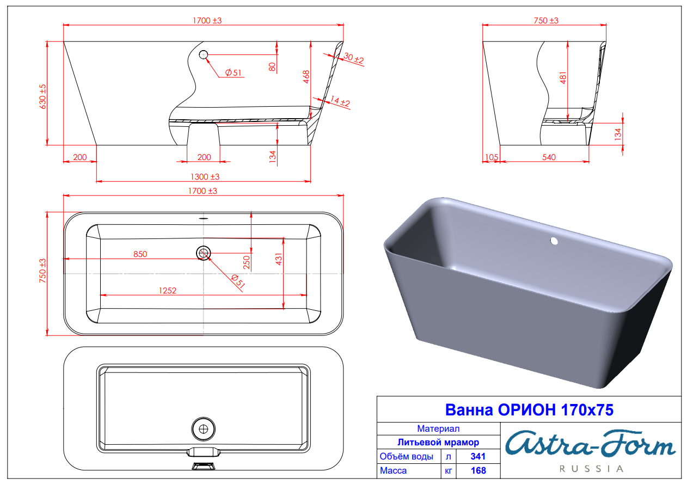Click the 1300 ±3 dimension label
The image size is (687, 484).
pyautogui.click(x=205, y=177)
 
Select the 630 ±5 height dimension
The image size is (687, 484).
pyautogui.click(x=42, y=96)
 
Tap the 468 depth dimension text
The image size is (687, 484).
pyautogui.click(x=306, y=77)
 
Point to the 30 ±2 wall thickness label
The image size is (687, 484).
pyautogui.click(x=354, y=58)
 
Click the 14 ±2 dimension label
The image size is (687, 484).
pyautogui.click(x=340, y=101)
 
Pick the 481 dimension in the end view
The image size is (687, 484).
pyautogui.click(x=563, y=78)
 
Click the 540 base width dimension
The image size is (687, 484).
pyautogui.click(x=549, y=157)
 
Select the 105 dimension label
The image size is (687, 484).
pyautogui.click(x=492, y=157)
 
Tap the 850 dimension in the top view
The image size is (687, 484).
pyautogui.click(x=140, y=254)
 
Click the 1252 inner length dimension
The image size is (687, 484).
pyautogui.click(x=168, y=291)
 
